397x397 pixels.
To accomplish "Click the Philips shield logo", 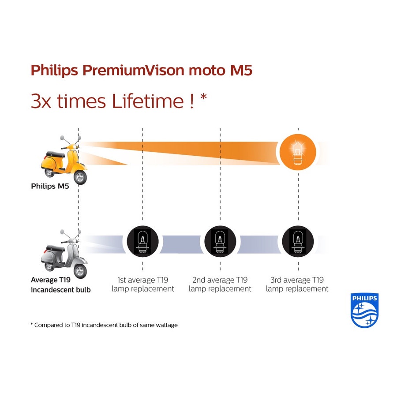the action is click(x=364, y=311).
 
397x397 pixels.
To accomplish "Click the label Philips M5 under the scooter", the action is click(x=49, y=186).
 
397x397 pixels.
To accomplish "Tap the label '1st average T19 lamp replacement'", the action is click(x=142, y=285).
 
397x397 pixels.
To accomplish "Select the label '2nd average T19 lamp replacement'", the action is click(x=220, y=285).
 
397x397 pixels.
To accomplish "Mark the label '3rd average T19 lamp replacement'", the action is click(x=298, y=285).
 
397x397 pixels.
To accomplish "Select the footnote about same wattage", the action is click(x=104, y=325).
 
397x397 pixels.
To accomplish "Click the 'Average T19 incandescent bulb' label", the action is click(x=60, y=285).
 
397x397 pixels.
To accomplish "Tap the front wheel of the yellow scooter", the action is click(x=80, y=177).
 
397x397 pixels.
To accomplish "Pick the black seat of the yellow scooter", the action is click(x=56, y=154).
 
